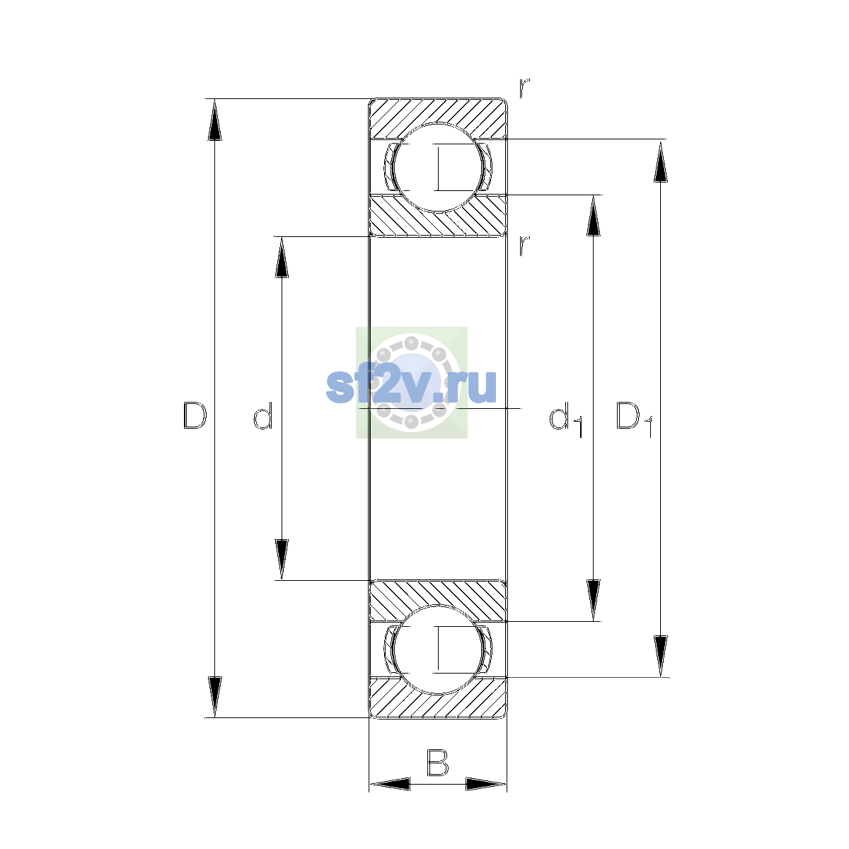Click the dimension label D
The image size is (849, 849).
[195, 415]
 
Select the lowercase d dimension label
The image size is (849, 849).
[263, 415]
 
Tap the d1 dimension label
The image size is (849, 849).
[566, 419]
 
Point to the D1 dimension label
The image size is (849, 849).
[633, 419]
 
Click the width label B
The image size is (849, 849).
[437, 762]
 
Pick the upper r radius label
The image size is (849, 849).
[524, 88]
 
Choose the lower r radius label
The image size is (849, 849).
[524, 246]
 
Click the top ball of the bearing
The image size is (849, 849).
[438, 168]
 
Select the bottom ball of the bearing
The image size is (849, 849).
[438, 649]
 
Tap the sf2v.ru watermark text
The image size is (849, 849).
[411, 386]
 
